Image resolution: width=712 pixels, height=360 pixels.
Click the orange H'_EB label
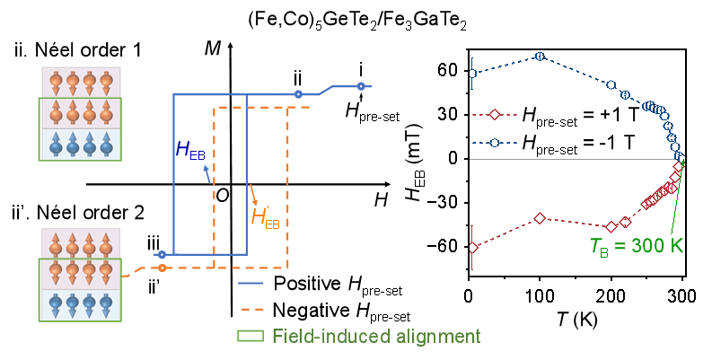[267, 216]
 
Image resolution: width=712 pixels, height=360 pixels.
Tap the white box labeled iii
[154, 240]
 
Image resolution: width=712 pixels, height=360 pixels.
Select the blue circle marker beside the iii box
[162, 255]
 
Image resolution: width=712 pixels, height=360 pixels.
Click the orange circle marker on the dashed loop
[162, 268]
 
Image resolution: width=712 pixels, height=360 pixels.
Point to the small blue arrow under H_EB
[207, 173]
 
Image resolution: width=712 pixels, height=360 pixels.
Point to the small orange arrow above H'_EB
[253, 194]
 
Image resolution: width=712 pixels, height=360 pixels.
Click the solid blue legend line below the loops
[251, 283]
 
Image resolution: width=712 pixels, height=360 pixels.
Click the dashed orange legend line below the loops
[251, 308]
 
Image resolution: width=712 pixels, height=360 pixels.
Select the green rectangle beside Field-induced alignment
[251, 336]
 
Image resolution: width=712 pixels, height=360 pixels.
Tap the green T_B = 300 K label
[636, 246]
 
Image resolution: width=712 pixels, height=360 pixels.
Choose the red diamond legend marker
[494, 115]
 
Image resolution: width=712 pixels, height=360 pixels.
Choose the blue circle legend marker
[494, 142]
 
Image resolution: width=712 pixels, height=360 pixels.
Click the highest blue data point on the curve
[540, 56]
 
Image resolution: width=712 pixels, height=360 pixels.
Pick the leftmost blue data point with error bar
[472, 73]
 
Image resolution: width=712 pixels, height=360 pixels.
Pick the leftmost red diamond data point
[472, 247]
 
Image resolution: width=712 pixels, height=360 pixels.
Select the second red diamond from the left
[540, 217]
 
